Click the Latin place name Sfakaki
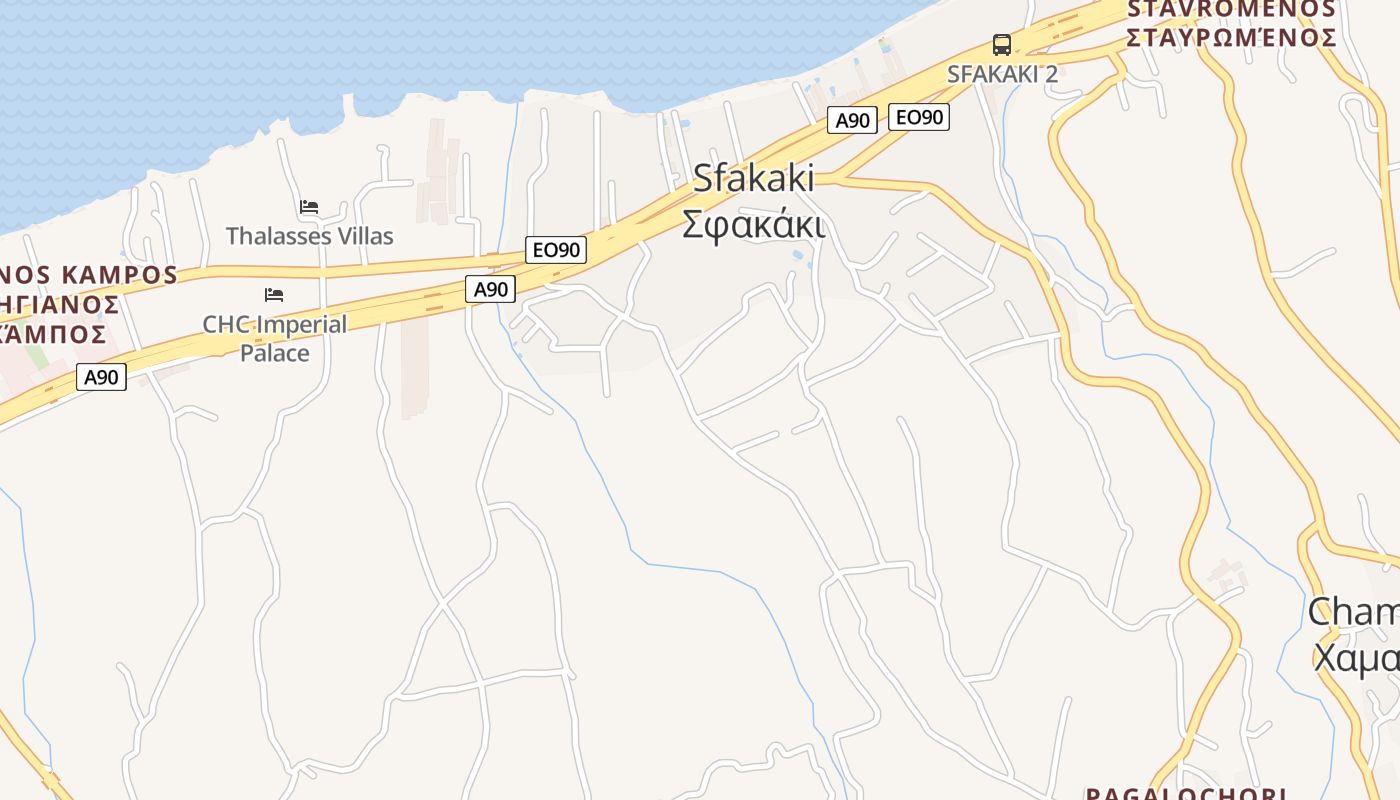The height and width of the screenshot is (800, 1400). click(x=753, y=179)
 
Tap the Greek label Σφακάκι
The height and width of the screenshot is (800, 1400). click(x=753, y=224)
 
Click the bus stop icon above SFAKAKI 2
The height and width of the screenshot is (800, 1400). click(x=1001, y=44)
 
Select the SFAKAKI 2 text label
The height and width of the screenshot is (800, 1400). click(x=1002, y=74)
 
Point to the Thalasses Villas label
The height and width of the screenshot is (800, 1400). click(x=309, y=236)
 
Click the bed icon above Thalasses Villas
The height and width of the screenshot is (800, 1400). click(x=309, y=207)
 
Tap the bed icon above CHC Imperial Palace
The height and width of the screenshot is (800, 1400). click(x=274, y=294)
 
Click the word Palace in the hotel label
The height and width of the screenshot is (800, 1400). click(x=275, y=353)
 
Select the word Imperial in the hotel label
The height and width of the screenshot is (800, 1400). click(x=299, y=324)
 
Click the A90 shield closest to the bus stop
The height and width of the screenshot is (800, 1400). click(x=852, y=121)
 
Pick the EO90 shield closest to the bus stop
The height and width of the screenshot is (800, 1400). click(x=918, y=117)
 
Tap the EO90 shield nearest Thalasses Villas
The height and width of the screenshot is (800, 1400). click(x=556, y=250)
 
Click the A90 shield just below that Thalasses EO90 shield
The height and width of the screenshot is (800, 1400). click(x=490, y=290)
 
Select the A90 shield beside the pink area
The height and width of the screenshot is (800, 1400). click(x=101, y=377)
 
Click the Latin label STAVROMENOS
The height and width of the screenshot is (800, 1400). click(x=1231, y=9)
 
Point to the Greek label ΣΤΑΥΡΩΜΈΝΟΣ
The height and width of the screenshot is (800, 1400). click(x=1231, y=38)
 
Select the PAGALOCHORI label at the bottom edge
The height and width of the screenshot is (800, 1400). click(x=1185, y=793)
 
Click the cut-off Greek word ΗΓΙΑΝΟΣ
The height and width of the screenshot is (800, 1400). click(x=60, y=304)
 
